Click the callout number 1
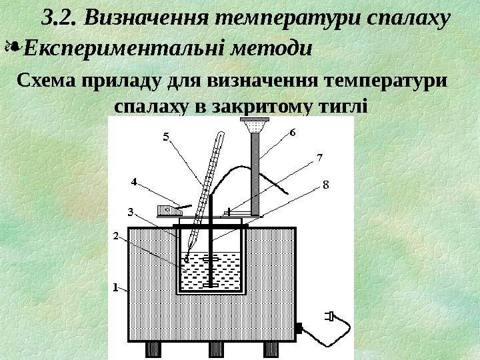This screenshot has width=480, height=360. click(115, 288)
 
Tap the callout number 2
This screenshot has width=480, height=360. click(115, 236)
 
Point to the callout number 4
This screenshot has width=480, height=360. click(133, 181)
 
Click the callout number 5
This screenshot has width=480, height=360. click(167, 137)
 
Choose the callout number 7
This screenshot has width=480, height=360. click(319, 158)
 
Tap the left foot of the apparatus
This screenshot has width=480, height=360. click(153, 349)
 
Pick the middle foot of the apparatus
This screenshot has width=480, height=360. click(217, 349)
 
